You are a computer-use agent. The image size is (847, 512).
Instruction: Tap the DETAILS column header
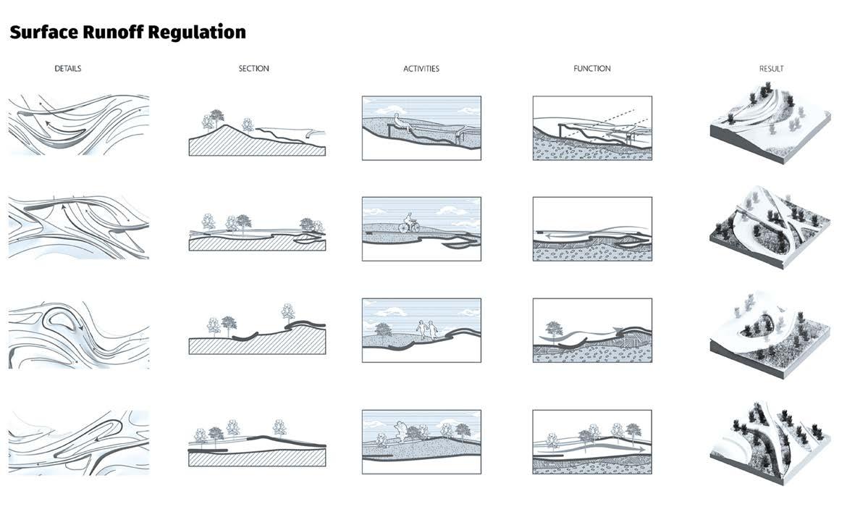point(67,69)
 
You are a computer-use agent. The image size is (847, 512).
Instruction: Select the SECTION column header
point(253,69)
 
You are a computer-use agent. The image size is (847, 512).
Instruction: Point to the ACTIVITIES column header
point(421,69)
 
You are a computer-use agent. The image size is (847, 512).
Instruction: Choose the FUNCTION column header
point(591,69)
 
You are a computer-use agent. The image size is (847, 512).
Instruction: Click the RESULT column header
point(771,69)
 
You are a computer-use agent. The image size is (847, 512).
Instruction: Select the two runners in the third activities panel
point(426,330)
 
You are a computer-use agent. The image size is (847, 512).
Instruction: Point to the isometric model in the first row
point(767,123)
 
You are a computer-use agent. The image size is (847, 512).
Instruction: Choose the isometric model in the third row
point(767,330)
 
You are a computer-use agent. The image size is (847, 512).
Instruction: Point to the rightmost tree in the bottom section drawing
point(279,427)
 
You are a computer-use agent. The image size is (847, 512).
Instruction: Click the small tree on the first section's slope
point(248,124)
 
